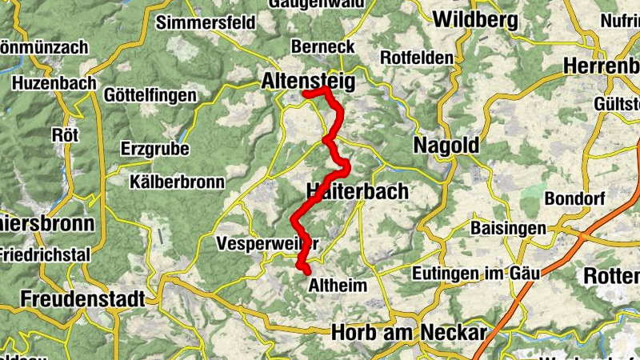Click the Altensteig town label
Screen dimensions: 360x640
click(307, 80)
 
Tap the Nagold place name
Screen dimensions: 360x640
click(446, 146)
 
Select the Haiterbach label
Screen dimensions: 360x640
click(357, 191)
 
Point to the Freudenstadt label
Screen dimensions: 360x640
click(83, 299)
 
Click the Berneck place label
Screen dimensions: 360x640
click(322, 46)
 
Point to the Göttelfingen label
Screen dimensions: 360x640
click(150, 95)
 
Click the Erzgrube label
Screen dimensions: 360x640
click(155, 149)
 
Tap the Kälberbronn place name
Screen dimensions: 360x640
click(177, 182)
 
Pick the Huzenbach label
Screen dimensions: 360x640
click(54, 82)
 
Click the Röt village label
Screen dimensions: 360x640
click(66, 134)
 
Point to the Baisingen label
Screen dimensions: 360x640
click(508, 229)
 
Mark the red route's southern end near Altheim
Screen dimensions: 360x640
click(307, 274)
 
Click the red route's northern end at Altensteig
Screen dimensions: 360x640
click(305, 96)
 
